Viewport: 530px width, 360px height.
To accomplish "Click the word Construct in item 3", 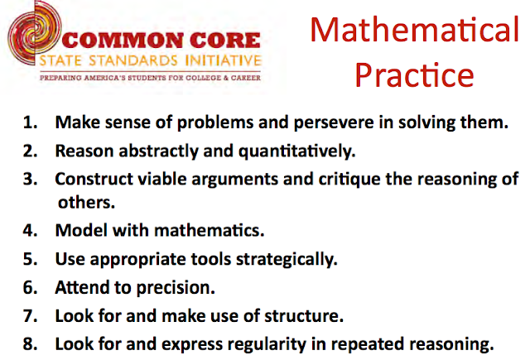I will pos(92,179).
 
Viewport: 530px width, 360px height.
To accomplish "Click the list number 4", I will pos(30,229).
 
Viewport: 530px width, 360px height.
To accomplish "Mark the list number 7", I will pos(30,314).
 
